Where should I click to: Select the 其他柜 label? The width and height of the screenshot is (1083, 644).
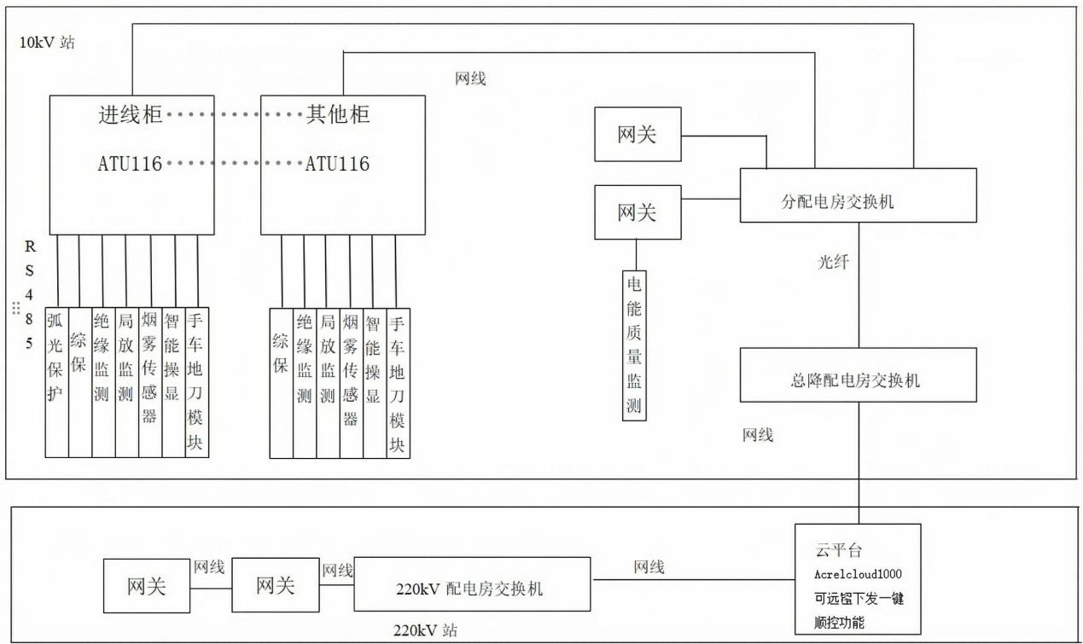[x=338, y=114]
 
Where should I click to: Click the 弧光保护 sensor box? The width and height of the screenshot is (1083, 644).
[x=56, y=382]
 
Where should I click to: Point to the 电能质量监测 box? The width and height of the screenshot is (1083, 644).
[x=635, y=344]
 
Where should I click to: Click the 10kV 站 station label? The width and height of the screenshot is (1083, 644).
[x=47, y=42]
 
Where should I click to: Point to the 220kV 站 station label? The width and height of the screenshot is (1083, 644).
[x=424, y=631]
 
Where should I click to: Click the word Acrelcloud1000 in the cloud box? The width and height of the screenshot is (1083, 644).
[x=857, y=574]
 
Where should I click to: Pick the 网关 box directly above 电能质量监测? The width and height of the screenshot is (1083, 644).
[x=637, y=212]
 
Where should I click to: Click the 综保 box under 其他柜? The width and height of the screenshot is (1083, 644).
[x=281, y=382]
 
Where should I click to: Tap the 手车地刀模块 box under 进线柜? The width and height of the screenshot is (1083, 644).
[x=197, y=382]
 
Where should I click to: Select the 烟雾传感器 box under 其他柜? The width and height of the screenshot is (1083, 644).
[x=351, y=382]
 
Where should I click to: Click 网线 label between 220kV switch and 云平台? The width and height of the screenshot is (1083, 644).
[x=649, y=567]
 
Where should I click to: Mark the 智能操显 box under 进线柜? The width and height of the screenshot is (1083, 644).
[x=173, y=382]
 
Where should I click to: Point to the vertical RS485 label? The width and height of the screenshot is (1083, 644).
[x=30, y=295]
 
